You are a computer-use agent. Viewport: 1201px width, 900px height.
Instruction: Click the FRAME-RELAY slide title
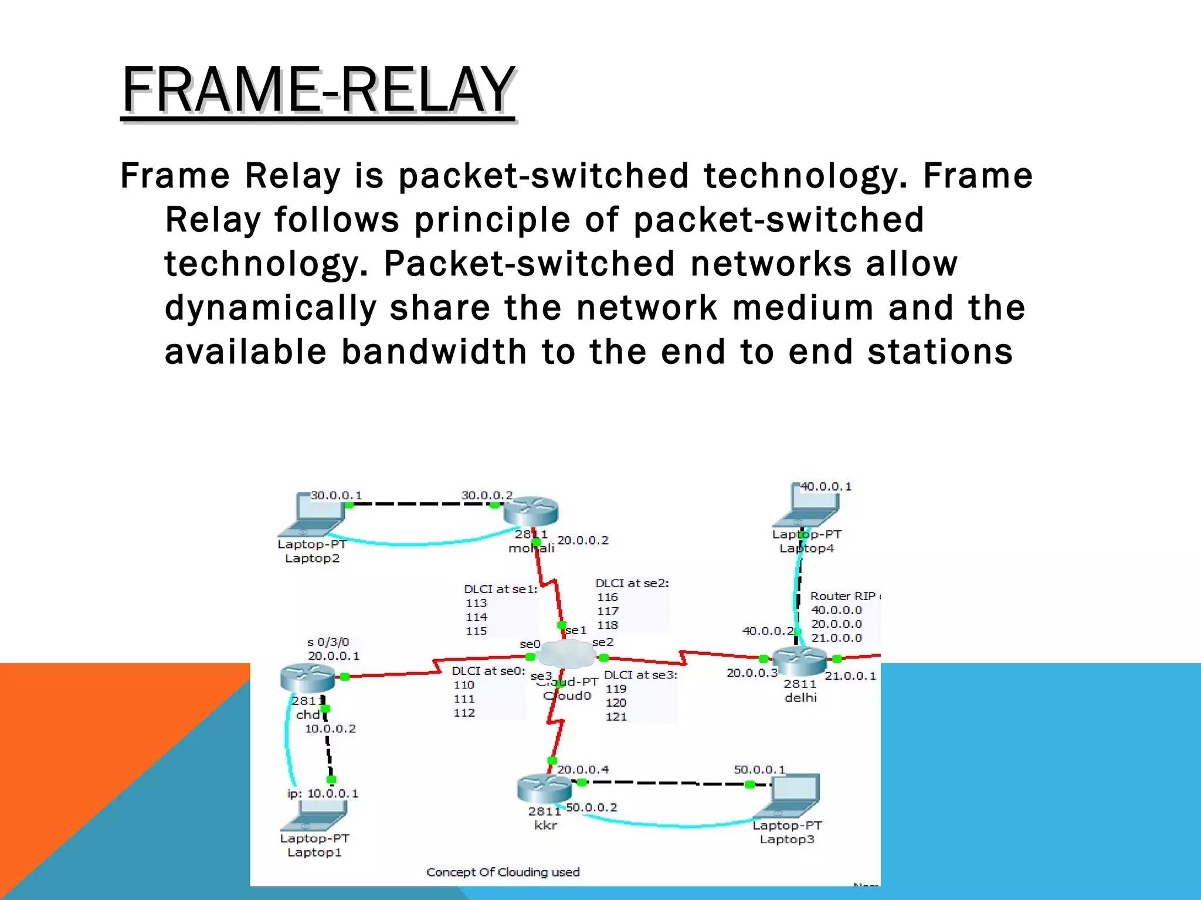point(318,90)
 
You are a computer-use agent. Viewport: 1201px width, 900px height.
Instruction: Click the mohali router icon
point(531,512)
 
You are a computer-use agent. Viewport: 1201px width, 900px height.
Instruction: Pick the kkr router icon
point(544,788)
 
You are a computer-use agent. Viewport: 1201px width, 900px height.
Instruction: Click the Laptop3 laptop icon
point(789,797)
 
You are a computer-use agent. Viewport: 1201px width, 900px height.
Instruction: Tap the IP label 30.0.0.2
point(487,495)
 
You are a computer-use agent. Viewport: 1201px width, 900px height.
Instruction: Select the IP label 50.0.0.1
point(759,769)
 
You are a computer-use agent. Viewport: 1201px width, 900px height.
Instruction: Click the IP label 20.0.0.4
point(583,769)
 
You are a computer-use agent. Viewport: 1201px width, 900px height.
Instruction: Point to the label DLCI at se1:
point(500,589)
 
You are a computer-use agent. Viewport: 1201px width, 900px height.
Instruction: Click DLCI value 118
point(608,625)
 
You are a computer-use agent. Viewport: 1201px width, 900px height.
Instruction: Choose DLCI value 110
point(463,685)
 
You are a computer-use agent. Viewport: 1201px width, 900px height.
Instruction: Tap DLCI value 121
point(616,717)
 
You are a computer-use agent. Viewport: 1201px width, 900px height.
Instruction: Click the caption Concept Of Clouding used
point(503,872)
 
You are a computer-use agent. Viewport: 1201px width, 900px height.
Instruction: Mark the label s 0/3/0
point(328,642)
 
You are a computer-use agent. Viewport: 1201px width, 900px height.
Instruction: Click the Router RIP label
point(843,596)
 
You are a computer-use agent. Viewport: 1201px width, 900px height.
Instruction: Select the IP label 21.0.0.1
point(850,676)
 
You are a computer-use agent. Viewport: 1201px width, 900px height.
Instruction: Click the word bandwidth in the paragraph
point(434,352)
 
